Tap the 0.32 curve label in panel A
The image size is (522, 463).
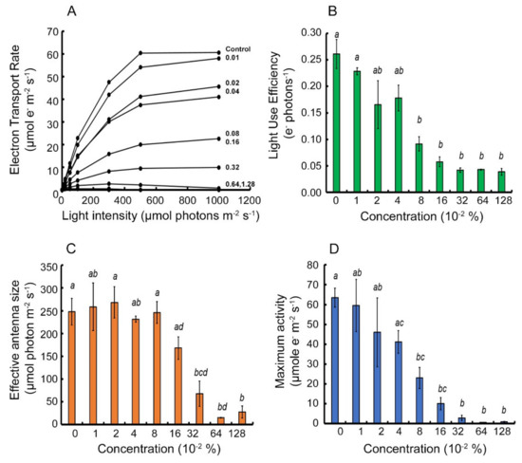click(233, 167)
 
